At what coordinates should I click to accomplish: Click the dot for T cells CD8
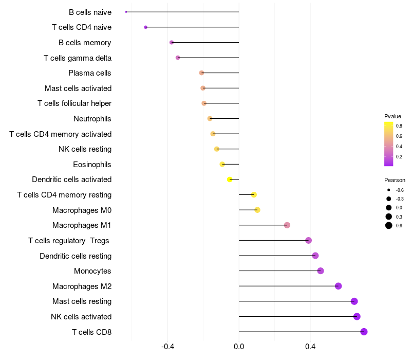tap(364, 332)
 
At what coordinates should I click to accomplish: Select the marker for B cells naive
tap(126, 12)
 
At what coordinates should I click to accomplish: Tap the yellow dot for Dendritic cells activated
tap(230, 179)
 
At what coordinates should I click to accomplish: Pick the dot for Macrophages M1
tap(287, 225)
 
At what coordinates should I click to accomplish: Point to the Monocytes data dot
tap(320, 271)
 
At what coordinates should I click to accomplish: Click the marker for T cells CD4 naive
tap(146, 27)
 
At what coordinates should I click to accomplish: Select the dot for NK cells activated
tap(357, 316)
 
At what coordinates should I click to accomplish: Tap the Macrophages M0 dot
tap(257, 210)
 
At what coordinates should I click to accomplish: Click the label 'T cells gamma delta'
tap(78, 58)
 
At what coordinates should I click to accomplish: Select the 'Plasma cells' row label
tap(90, 73)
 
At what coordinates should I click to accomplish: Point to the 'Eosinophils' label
tap(92, 165)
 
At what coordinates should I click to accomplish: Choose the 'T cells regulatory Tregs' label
tap(69, 241)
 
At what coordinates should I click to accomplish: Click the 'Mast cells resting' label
tap(82, 301)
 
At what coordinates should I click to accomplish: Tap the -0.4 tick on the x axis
tap(168, 347)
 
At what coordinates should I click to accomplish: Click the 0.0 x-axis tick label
tap(239, 347)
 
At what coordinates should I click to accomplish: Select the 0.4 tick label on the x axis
tap(310, 347)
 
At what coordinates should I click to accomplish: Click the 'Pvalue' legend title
tap(393, 116)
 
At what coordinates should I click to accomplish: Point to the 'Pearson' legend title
tap(395, 180)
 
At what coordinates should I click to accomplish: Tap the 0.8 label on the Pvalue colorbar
tap(399, 126)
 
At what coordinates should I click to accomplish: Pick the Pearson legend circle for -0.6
tap(389, 190)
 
